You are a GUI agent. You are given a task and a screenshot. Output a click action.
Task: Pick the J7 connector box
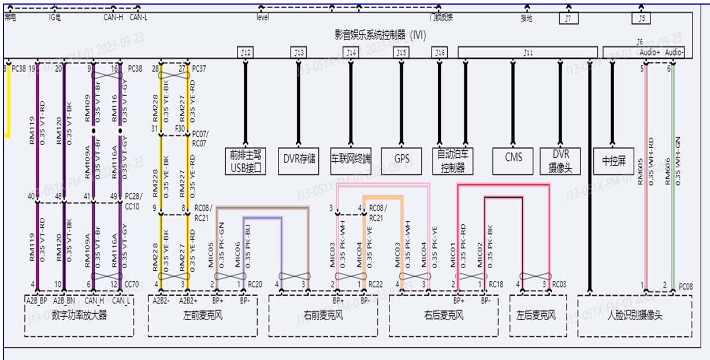pyautogui.click(x=568, y=18)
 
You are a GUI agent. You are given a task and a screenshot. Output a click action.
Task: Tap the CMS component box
pyautogui.click(x=514, y=157)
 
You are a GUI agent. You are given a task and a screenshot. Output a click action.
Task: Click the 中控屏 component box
pyautogui.click(x=614, y=161)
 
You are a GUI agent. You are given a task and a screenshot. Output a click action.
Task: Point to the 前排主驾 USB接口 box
pyautogui.click(x=246, y=161)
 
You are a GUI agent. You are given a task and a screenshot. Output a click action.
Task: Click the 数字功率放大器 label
pyautogui.click(x=79, y=316)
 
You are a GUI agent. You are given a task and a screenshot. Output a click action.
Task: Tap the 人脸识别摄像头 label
pyautogui.click(x=634, y=316)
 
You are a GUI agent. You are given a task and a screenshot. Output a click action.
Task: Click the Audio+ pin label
pyautogui.click(x=650, y=53)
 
